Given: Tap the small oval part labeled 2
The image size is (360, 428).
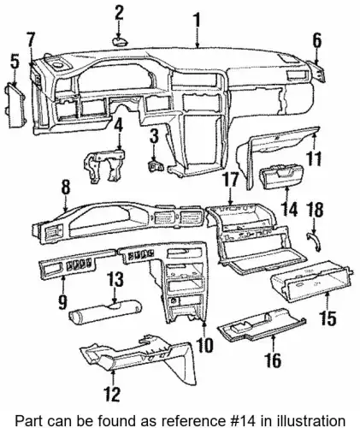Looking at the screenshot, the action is point(120,42).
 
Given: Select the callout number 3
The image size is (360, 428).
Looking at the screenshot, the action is point(154,136).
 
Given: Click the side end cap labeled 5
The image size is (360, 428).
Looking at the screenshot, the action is point(15,104).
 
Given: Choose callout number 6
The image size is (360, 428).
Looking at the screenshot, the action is point(317,41).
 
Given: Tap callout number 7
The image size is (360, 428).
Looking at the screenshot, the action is point(31,41).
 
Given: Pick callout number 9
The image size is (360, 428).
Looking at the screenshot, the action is point(62,302).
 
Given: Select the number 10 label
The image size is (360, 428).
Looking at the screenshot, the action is point(204,345).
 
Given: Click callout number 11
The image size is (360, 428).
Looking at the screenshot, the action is point(313,158).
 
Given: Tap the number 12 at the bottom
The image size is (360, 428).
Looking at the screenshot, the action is point(112,394).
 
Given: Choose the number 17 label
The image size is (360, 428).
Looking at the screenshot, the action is point(230,181).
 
